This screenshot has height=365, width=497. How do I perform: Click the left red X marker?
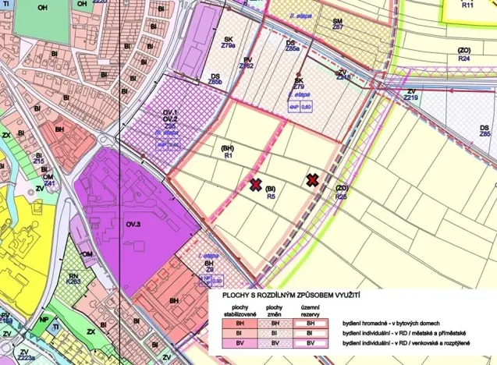(255, 184)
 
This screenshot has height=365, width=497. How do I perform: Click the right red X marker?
(312, 180)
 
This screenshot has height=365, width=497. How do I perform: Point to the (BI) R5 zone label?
(272, 193)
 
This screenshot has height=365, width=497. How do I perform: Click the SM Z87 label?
(338, 23)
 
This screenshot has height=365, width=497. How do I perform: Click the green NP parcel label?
(44, 320)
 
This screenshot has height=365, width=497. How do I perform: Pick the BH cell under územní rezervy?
(311, 321)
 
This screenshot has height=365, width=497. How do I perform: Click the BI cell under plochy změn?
(272, 332)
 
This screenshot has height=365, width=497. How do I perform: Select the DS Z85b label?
(215, 79)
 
